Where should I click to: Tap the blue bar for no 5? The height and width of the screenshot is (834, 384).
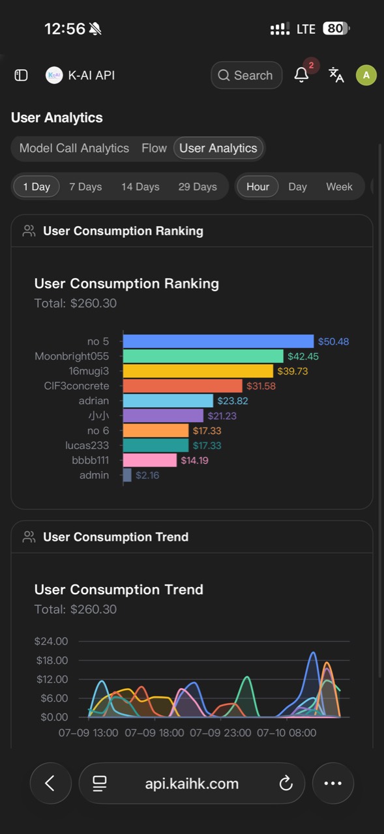pyautogui.click(x=218, y=341)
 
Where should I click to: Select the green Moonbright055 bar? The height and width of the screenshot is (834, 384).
pyautogui.click(x=203, y=356)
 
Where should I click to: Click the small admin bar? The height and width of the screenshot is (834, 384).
pyautogui.click(x=127, y=475)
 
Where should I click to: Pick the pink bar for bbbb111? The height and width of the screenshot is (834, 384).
pyautogui.click(x=150, y=460)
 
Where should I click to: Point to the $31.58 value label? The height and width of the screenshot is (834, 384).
pyautogui.click(x=261, y=386)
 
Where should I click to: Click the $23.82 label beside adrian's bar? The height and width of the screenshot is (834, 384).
pyautogui.click(x=232, y=401)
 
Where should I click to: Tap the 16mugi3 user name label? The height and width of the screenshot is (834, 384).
pyautogui.click(x=89, y=371)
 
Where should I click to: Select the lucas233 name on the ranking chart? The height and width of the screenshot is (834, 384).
pyautogui.click(x=87, y=445)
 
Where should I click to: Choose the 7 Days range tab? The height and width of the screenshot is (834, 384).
pyautogui.click(x=85, y=186)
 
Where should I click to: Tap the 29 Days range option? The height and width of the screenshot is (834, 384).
pyautogui.click(x=198, y=186)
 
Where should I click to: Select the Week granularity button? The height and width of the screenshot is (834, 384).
pyautogui.click(x=339, y=186)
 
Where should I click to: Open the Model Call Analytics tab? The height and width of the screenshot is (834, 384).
pyautogui.click(x=74, y=148)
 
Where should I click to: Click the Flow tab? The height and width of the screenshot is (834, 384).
pyautogui.click(x=154, y=148)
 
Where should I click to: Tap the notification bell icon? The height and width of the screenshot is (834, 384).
pyautogui.click(x=301, y=75)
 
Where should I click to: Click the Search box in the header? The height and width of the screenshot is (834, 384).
pyautogui.click(x=246, y=75)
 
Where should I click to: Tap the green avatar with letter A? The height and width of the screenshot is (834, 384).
pyautogui.click(x=366, y=75)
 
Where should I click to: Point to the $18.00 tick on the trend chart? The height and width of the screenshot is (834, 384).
pyautogui.click(x=52, y=661)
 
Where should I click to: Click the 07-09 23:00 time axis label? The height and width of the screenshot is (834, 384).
pyautogui.click(x=220, y=733)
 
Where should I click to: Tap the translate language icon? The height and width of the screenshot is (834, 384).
pyautogui.click(x=336, y=75)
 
